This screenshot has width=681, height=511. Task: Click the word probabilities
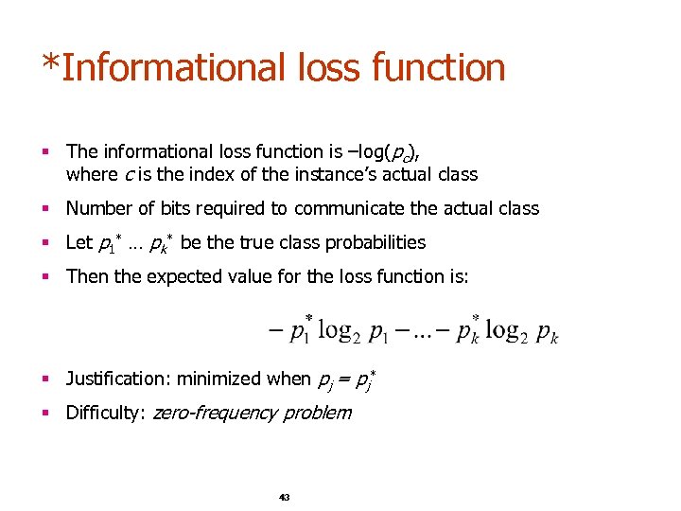point(375,242)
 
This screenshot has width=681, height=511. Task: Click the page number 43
point(284,497)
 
